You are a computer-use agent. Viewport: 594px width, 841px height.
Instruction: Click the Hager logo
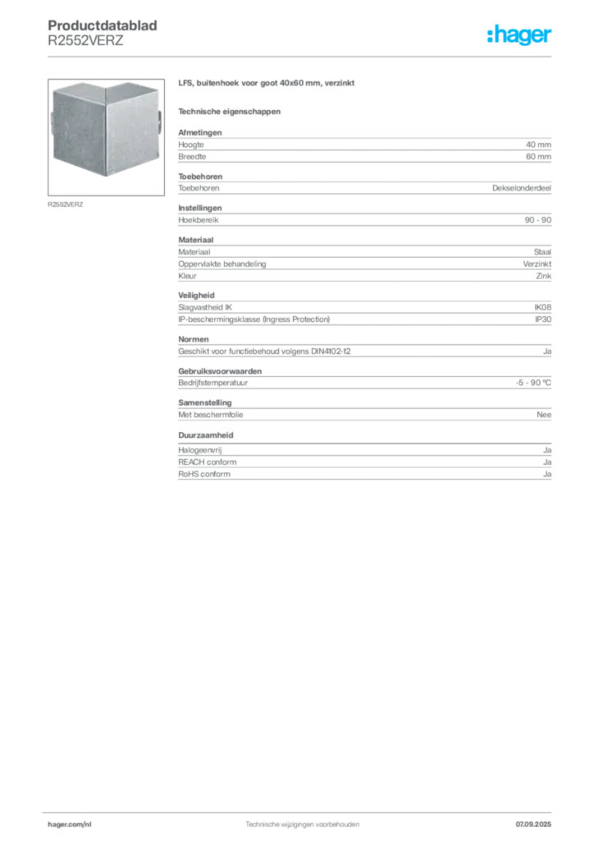pyautogui.click(x=519, y=34)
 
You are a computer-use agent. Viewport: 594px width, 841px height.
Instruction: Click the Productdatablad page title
pyautogui.click(x=103, y=25)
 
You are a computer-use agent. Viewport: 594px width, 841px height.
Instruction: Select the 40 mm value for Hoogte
pyautogui.click(x=538, y=145)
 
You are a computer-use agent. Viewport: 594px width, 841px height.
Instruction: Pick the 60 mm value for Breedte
pyautogui.click(x=538, y=157)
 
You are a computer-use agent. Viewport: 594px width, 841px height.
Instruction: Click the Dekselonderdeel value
pyautogui.click(x=522, y=188)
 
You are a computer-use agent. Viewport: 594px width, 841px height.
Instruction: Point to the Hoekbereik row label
pyautogui.click(x=199, y=220)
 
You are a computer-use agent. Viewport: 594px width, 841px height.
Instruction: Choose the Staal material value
pyautogui.click(x=542, y=251)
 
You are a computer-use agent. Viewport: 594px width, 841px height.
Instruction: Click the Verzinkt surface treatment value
pyautogui.click(x=537, y=264)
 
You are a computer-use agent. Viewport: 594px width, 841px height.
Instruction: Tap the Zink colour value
pyautogui.click(x=544, y=276)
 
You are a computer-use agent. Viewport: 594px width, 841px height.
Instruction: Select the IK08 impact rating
pyautogui.click(x=542, y=307)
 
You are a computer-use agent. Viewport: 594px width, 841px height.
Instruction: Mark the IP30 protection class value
pyautogui.click(x=543, y=319)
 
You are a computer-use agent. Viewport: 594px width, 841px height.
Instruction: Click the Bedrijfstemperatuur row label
pyautogui.click(x=212, y=383)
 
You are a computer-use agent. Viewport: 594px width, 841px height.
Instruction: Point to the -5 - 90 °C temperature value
pyautogui.click(x=533, y=383)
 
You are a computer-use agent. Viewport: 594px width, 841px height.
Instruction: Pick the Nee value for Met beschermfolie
pyautogui.click(x=544, y=415)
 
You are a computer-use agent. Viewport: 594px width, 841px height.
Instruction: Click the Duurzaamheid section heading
pyautogui.click(x=206, y=435)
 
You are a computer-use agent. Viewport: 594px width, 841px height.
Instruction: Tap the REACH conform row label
pyautogui.click(x=208, y=462)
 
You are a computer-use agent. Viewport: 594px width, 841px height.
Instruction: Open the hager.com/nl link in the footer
pyautogui.click(x=70, y=825)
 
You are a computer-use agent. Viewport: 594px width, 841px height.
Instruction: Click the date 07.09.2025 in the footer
pyautogui.click(x=533, y=825)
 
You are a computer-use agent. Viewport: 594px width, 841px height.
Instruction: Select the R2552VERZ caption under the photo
pyautogui.click(x=66, y=205)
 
